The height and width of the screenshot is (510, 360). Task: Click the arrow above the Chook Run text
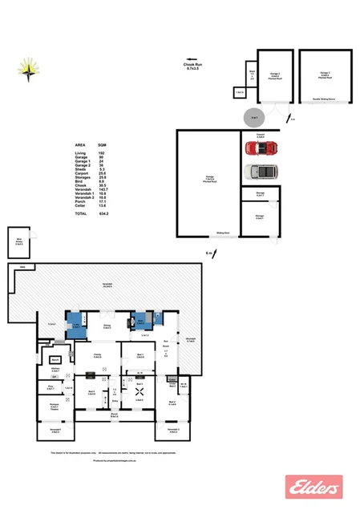(192, 59)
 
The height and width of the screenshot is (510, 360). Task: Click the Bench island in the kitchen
(55, 360)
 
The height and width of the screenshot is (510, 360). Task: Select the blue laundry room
(74, 321)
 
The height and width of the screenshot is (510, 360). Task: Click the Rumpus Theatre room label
(55, 405)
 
